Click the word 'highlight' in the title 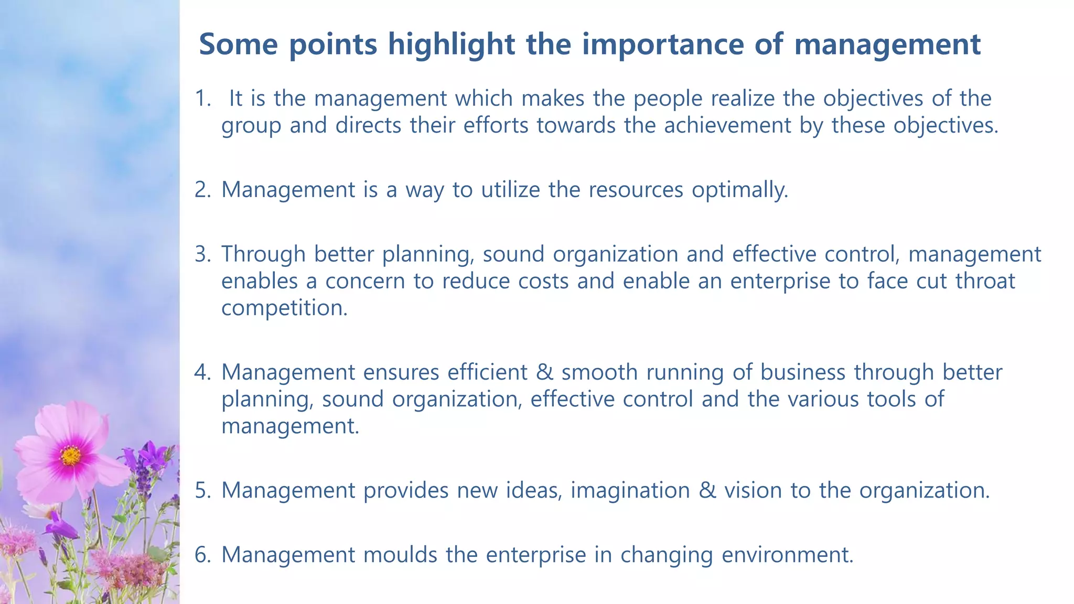(451, 44)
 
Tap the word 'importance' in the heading (663, 44)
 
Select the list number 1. (202, 99)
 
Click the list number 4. (202, 372)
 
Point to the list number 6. (202, 555)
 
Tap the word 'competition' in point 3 (284, 308)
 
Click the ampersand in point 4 (544, 372)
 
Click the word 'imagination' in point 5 (630, 490)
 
